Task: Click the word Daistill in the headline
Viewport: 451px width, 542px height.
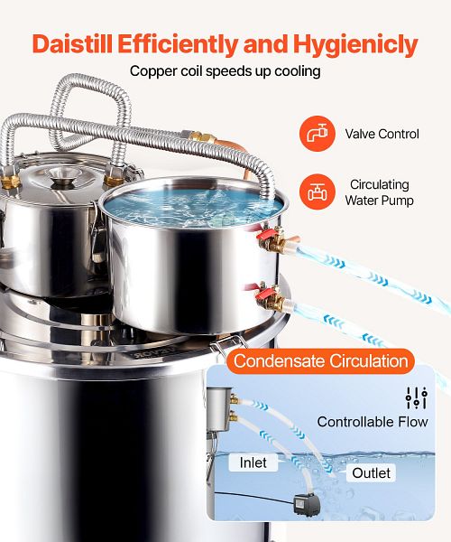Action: click(72, 44)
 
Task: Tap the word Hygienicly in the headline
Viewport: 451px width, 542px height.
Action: click(355, 45)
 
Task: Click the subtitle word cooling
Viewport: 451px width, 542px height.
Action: click(298, 71)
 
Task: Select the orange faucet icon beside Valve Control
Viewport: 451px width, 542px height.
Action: click(318, 134)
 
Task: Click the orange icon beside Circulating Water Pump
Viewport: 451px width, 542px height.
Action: click(318, 192)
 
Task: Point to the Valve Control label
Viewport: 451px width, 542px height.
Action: click(382, 134)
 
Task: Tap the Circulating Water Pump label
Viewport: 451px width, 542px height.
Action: click(379, 192)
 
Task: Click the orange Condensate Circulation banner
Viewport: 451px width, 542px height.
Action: click(320, 360)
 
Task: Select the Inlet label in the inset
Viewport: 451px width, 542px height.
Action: click(253, 463)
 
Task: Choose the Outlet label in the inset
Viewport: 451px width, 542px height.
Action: click(371, 472)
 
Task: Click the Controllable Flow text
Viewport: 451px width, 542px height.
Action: click(373, 422)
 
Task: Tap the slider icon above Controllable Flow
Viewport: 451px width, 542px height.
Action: click(417, 397)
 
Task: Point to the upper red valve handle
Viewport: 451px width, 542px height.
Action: click(265, 236)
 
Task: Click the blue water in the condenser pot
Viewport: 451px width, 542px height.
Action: click(193, 206)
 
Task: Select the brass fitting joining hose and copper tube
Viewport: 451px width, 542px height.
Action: click(201, 137)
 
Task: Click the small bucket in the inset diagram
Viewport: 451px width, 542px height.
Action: click(219, 409)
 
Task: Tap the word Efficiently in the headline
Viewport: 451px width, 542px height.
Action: click(178, 44)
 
